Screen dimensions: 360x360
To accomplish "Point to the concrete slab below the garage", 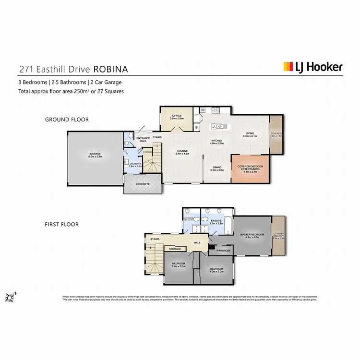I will click(x=143, y=184).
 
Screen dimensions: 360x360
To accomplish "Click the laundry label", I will click(x=135, y=165).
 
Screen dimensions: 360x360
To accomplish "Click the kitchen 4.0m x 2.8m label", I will click(x=217, y=142).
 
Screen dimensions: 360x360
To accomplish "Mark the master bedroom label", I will click(x=252, y=236).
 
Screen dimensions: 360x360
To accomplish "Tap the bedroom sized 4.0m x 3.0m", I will click(x=216, y=270).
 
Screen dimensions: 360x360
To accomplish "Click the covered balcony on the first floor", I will click(x=278, y=235).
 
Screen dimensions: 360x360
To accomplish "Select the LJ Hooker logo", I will click(x=313, y=67).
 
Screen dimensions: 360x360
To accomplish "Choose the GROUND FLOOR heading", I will click(x=67, y=120).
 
